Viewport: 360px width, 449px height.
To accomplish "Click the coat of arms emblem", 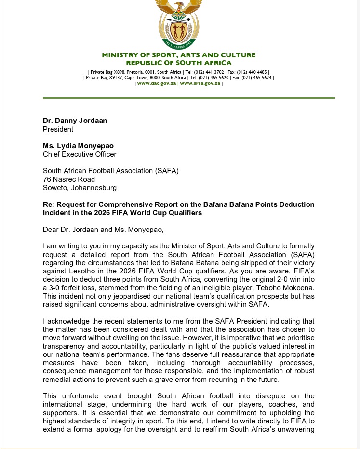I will pyautogui.click(x=179, y=24).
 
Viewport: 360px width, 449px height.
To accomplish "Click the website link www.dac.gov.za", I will pyautogui.click(x=157, y=83).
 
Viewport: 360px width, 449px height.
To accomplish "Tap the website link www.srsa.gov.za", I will pyautogui.click(x=200, y=83).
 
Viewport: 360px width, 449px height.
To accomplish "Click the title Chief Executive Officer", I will pyautogui.click(x=80, y=154).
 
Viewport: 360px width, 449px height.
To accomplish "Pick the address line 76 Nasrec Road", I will pyautogui.click(x=69, y=179).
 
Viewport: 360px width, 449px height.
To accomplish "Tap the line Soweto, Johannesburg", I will pyautogui.click(x=80, y=188).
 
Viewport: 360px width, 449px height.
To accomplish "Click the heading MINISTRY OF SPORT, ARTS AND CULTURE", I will pyautogui.click(x=179, y=55).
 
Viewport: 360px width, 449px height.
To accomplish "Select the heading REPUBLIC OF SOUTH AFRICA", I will pyautogui.click(x=179, y=63).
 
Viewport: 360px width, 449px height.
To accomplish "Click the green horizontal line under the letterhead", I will pyautogui.click(x=188, y=98).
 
